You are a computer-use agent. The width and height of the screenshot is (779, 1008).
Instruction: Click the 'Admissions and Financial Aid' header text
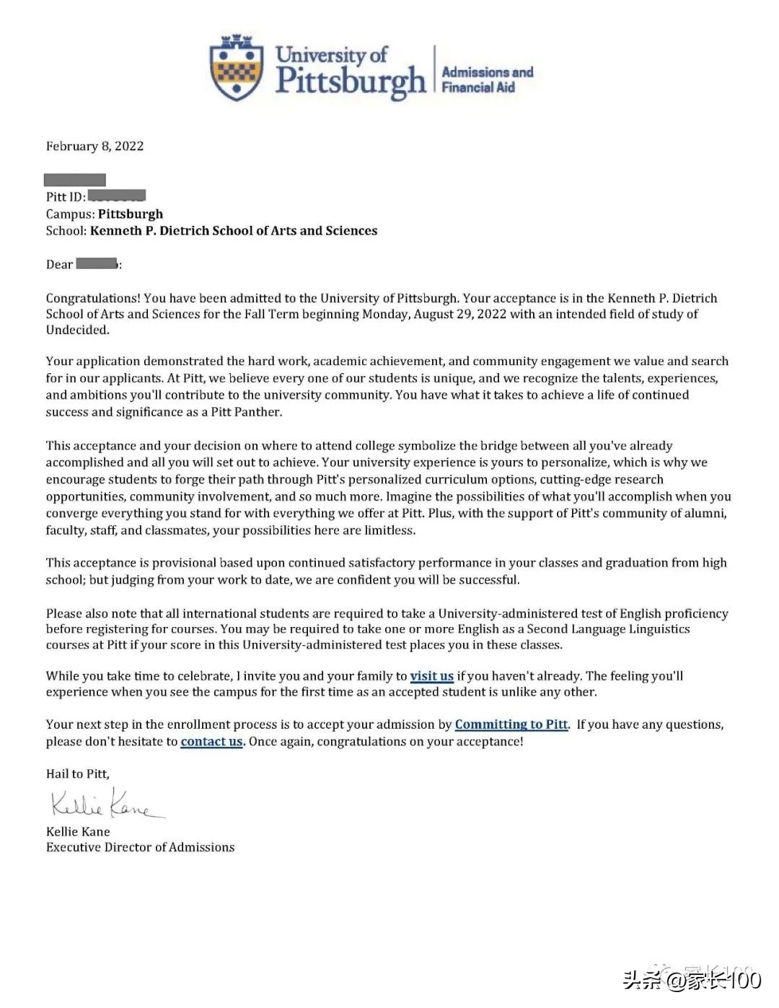click(487, 79)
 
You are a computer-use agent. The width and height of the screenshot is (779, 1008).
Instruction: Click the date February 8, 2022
click(94, 146)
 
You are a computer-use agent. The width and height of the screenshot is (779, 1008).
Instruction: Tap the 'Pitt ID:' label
click(66, 196)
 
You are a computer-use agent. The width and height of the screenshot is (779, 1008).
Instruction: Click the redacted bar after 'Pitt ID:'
click(117, 196)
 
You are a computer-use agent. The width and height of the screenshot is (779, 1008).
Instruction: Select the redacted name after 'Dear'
click(97, 263)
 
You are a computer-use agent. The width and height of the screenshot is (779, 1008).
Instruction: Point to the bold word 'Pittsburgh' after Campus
click(131, 214)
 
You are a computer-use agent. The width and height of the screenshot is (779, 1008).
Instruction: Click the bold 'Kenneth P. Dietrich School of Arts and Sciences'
click(234, 231)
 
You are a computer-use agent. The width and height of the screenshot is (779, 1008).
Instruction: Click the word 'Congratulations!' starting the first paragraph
click(93, 298)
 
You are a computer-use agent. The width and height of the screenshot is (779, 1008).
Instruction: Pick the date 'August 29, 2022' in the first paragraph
click(460, 314)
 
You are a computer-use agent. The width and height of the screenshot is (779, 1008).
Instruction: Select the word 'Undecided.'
click(78, 330)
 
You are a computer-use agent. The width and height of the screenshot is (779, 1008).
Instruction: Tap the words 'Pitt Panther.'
click(247, 412)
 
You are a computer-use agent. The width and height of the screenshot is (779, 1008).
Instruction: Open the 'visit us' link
click(431, 676)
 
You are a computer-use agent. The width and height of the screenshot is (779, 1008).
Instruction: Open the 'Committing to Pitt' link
click(511, 724)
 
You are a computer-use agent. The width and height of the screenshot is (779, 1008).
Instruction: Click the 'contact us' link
click(211, 742)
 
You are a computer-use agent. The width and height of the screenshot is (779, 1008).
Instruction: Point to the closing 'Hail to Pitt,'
click(78, 773)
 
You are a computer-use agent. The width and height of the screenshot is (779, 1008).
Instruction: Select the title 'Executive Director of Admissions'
click(140, 847)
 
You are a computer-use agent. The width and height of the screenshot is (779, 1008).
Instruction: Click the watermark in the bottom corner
click(692, 979)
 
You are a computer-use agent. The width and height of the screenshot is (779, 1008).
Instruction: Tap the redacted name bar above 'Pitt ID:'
click(75, 180)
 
